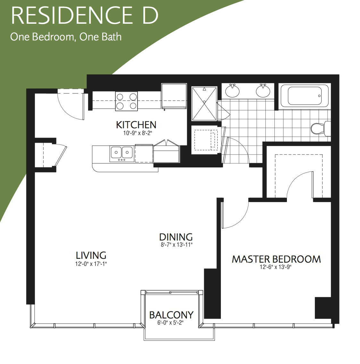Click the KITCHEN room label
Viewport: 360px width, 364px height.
pos(136,125)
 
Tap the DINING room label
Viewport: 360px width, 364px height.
pos(176,237)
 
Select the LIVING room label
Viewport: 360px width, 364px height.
pos(91,255)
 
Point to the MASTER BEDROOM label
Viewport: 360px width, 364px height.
pos(276,259)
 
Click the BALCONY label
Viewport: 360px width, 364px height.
pos(171,315)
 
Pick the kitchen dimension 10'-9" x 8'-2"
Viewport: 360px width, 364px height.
pos(136,133)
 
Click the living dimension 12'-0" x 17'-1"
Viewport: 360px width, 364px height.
pos(91,264)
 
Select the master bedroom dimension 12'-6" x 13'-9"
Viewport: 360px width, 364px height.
pos(275,267)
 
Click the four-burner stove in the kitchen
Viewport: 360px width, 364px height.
pos(127,101)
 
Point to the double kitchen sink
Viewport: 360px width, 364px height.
pos(121,154)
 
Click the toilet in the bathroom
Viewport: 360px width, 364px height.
pos(321,128)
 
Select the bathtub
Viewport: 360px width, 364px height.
pos(305,96)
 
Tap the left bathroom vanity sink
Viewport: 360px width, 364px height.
pos(232,90)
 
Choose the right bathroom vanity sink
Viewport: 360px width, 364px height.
pos(263,90)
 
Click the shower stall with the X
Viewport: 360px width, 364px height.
pos(204,104)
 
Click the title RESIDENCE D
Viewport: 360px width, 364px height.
pos(85,15)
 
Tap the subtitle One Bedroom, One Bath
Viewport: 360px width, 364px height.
pos(66,37)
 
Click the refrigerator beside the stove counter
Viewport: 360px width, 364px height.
pos(174,96)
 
